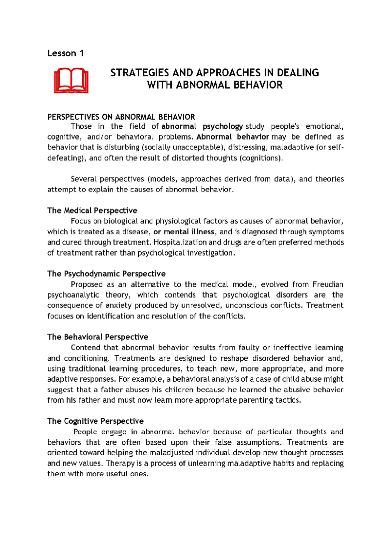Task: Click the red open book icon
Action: tap(71, 81)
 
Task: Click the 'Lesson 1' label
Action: tap(65, 53)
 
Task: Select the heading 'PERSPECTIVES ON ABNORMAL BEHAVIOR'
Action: tap(121, 117)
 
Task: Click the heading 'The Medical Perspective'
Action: tap(92, 210)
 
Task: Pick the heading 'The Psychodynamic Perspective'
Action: tap(106, 274)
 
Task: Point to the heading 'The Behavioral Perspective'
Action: tap(97, 337)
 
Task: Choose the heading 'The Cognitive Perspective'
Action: tap(95, 421)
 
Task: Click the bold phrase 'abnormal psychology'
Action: tap(202, 126)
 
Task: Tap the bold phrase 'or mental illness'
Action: tap(184, 232)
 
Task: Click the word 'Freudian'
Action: tap(328, 285)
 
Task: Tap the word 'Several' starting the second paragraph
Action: tap(84, 179)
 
